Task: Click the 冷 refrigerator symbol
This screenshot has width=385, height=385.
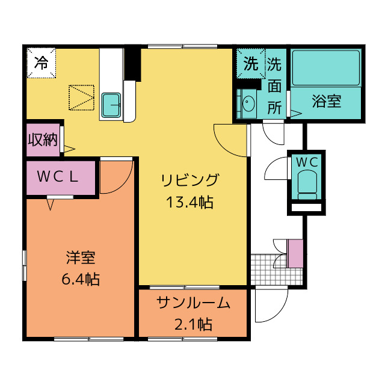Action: click(41, 62)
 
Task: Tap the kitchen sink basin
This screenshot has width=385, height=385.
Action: click(111, 105)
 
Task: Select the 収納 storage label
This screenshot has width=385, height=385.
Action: click(43, 140)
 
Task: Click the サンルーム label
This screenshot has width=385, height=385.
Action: click(193, 304)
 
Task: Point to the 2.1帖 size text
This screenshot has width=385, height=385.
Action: click(193, 325)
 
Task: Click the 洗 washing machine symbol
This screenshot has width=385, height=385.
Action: click(250, 62)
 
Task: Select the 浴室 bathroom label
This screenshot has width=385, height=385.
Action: click(327, 101)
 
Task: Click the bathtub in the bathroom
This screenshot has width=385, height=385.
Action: click(325, 67)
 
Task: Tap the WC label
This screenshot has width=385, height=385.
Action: click(306, 162)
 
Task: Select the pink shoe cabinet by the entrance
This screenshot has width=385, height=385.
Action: click(295, 253)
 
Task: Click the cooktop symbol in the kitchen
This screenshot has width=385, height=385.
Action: click(81, 97)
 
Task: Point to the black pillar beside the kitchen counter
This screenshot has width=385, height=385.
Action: click(132, 64)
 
